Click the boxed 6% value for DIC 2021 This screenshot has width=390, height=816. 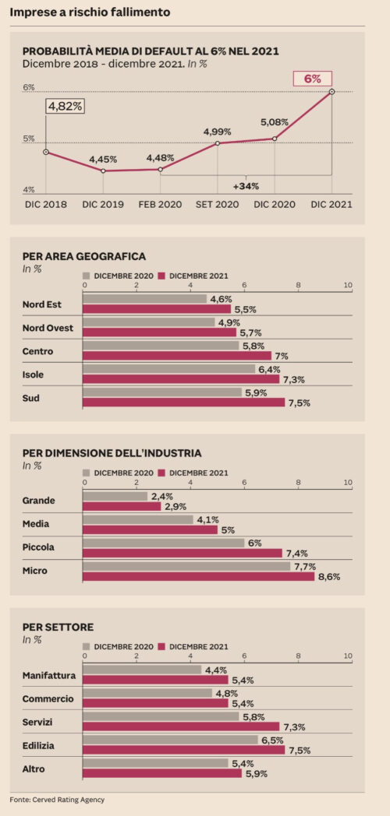click(312, 79)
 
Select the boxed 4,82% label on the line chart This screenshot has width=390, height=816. click(66, 106)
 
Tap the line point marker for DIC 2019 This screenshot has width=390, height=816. click(103, 171)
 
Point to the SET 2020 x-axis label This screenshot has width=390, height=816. click(218, 204)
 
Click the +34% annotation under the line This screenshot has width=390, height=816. click(246, 186)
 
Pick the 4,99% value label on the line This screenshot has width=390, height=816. click(218, 132)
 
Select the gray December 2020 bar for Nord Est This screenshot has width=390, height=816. click(144, 299)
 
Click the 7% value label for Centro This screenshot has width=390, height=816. click(282, 356)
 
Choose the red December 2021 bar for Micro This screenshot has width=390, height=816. click(198, 576)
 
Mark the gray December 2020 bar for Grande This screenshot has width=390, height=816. click(115, 496)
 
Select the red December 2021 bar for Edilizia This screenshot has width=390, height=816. click(183, 750)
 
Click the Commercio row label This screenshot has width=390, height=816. click(48, 698)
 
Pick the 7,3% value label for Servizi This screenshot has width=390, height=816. click(294, 726)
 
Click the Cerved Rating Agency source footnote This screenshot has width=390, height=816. click(57, 800)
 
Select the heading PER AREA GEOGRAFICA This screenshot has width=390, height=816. click(84, 255)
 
